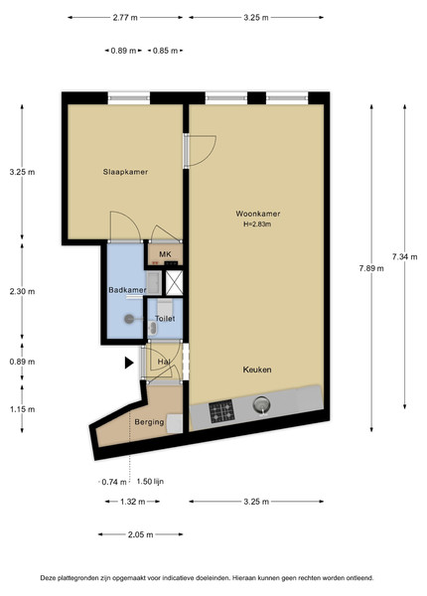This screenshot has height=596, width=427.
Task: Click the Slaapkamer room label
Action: click(125, 172)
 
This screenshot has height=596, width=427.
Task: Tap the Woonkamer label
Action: click(258, 214)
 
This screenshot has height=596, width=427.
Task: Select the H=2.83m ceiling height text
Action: click(257, 224)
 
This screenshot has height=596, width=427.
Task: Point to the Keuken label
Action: click(257, 370)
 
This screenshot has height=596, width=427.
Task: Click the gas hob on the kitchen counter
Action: click(221, 411)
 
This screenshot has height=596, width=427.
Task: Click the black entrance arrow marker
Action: click(129, 363)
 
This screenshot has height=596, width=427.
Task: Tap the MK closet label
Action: click(165, 254)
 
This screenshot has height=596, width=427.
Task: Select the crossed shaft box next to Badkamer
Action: click(174, 283)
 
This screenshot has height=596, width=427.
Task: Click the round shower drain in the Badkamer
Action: click(129, 319)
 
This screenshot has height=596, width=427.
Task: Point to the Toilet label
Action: click(165, 319)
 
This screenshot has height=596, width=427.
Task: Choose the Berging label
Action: click(149, 422)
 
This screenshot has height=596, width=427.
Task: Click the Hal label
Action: click(164, 362)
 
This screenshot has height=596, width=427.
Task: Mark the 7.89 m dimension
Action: click(371, 268)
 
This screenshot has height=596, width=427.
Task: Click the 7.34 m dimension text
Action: click(405, 257)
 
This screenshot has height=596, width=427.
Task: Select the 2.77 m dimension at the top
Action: click(125, 18)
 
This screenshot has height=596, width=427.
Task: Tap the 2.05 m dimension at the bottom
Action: click(141, 534)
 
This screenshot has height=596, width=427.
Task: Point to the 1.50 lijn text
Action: click(150, 482)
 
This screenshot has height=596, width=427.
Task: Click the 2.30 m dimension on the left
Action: click(22, 291)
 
